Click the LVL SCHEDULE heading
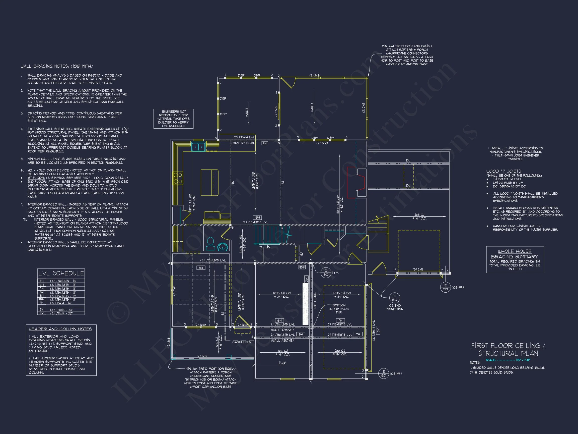tap(61, 273)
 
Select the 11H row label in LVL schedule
tap(42, 303)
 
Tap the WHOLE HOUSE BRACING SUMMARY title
tap(515, 254)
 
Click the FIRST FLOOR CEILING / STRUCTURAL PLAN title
tap(508, 350)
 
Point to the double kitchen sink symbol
tap(198, 147)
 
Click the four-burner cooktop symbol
tap(178, 178)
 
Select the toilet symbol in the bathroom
tap(210, 244)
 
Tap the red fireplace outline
tap(356, 182)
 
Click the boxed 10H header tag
tap(257, 218)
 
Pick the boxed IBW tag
tap(302, 267)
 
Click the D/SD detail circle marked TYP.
tap(326, 273)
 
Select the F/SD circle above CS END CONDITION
tap(395, 298)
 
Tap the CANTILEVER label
tap(242, 342)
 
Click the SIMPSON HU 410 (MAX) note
tap(339, 309)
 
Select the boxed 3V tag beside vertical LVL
tap(378, 331)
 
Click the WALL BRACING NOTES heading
tap(57, 66)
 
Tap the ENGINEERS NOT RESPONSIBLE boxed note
tap(173, 119)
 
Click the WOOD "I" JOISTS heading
tap(503, 171)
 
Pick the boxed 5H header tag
tap(201, 268)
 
